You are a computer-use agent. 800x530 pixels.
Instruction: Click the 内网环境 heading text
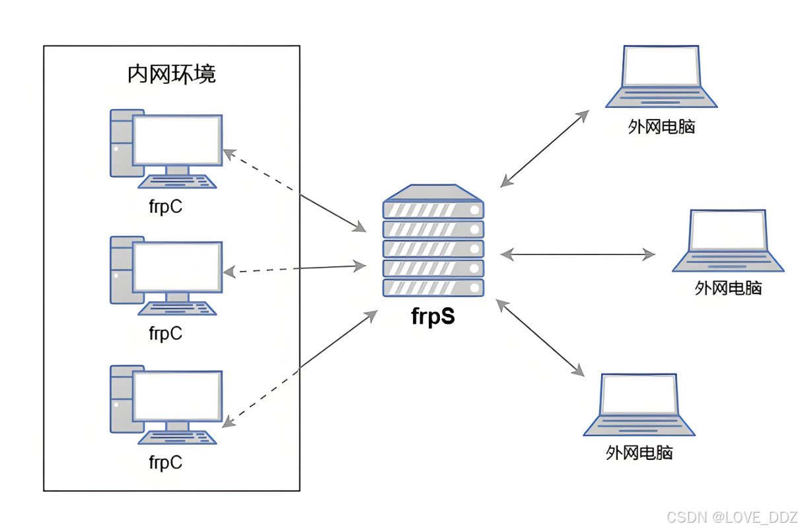171,74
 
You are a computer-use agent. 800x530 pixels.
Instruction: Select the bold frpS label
433,316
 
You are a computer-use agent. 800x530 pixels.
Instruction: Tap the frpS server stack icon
433,241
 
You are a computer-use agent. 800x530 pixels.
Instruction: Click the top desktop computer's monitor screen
177,140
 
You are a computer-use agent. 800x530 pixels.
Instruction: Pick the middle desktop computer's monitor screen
177,266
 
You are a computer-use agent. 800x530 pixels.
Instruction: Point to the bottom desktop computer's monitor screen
177,395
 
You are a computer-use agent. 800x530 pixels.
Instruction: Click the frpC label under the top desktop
165,206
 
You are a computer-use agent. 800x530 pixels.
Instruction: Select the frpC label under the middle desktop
165,334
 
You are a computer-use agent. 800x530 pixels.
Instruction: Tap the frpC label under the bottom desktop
165,462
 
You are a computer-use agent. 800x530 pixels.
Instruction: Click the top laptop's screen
662,66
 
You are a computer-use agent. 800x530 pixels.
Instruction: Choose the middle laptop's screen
728,231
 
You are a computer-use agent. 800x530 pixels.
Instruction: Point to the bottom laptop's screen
639,395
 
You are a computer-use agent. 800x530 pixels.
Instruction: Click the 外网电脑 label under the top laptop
661,126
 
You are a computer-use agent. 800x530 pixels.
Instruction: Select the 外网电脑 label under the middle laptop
728,288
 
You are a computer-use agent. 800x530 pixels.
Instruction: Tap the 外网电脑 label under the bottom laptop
639,453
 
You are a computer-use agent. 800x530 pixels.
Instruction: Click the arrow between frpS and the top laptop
544,149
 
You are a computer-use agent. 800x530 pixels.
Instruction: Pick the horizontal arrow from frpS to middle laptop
577,254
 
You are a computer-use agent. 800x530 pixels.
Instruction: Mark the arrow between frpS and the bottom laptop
540,337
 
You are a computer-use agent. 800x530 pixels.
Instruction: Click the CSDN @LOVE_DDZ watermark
731,516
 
